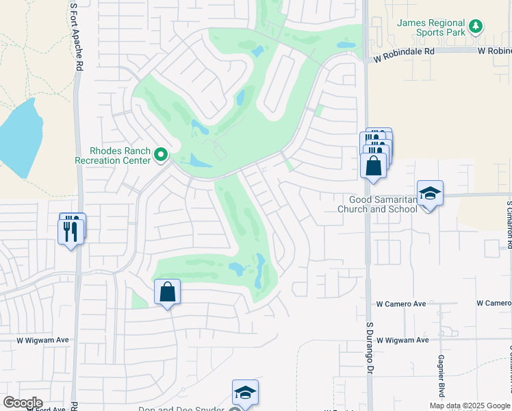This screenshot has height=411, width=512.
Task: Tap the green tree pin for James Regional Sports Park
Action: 476,27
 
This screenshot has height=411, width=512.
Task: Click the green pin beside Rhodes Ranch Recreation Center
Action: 161,155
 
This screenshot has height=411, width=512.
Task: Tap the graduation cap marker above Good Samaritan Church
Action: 430,194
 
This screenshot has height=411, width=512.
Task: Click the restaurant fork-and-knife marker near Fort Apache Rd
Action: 71,230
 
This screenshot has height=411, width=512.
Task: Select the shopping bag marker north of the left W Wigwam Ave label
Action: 167,292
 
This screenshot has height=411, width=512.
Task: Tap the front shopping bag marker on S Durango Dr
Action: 373,166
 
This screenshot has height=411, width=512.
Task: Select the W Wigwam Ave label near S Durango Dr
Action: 402,340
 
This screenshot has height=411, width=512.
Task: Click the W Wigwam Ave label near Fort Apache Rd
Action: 43,340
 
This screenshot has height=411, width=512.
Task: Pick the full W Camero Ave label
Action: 401,303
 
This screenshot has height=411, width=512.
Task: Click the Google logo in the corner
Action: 23,403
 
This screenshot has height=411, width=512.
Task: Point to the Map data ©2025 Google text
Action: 470,406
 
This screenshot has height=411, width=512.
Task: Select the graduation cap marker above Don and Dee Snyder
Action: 245,392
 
